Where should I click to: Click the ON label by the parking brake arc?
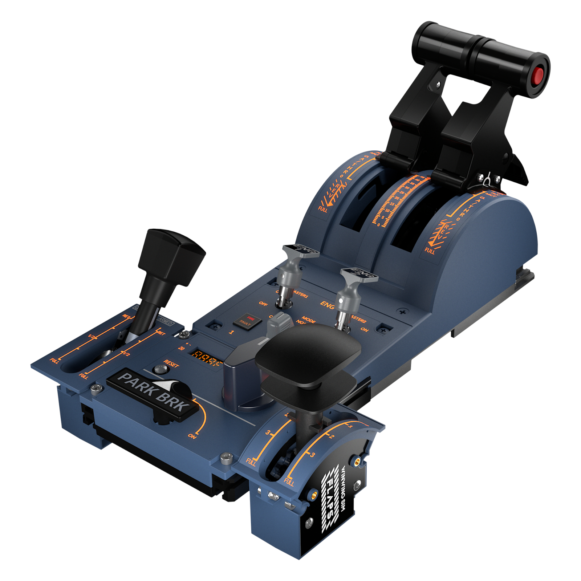[x=192, y=436]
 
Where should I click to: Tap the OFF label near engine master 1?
[x=263, y=303]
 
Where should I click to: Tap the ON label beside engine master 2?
[x=365, y=330]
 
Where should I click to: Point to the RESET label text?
[x=171, y=363]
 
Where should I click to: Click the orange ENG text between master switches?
[x=327, y=305]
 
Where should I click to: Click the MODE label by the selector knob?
[x=308, y=320]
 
